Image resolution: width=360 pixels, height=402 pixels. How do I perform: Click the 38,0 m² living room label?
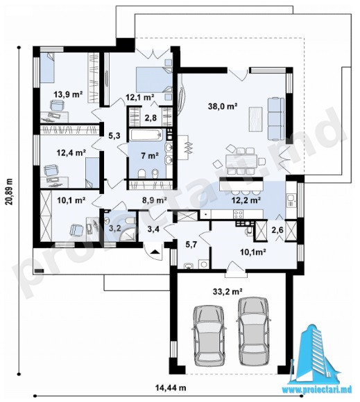pos(223,105)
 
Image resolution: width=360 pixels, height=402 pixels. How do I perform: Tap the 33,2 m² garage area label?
pos(228,291)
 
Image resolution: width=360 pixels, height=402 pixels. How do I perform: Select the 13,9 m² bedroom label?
pos(68,94)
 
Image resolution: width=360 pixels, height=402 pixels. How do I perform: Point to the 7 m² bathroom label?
pos(150,155)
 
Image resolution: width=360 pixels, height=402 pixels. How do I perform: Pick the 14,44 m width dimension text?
pos(171,387)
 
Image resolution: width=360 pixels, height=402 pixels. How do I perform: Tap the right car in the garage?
pos(253,331)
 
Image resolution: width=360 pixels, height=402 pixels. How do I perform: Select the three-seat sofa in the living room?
pos(276,119)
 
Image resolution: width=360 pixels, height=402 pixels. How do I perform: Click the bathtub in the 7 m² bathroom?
pos(146,135)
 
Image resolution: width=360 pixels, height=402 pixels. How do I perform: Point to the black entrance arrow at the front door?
pos(155,252)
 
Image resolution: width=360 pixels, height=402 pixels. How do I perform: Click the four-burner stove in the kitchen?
pos(239,213)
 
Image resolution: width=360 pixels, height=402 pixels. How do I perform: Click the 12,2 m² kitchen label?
pos(246,200)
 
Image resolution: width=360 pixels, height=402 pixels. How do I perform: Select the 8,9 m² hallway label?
pos(155,200)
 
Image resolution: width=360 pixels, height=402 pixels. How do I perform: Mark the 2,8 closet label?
pos(151,118)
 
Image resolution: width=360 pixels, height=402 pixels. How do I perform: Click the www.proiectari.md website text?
pos(317,390)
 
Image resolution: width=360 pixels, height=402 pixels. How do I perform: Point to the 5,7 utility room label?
pos(191,245)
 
